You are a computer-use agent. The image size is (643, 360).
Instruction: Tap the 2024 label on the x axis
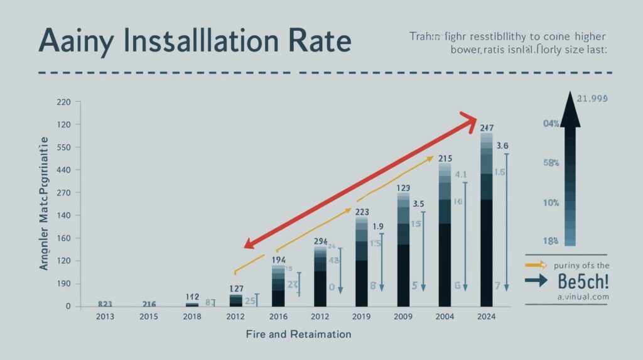tap(487, 315)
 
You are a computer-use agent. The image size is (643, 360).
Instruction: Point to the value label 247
tap(487, 128)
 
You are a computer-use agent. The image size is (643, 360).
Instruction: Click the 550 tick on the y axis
tap(65, 148)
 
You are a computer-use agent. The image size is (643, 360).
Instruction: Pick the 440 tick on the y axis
tap(65, 170)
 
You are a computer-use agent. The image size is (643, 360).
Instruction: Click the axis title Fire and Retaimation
tap(298, 334)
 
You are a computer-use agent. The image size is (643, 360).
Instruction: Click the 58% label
tap(551, 163)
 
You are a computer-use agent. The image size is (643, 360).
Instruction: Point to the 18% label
tap(551, 241)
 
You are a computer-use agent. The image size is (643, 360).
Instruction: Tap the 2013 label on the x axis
tap(105, 315)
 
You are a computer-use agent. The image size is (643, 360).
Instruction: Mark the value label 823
tap(105, 303)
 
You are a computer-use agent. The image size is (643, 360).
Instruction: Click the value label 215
tap(445, 158)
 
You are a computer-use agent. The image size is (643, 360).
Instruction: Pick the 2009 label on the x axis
tap(403, 315)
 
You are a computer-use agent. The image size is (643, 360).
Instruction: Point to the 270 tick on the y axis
tap(65, 193)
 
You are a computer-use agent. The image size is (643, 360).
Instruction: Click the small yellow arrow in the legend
tap(534, 266)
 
